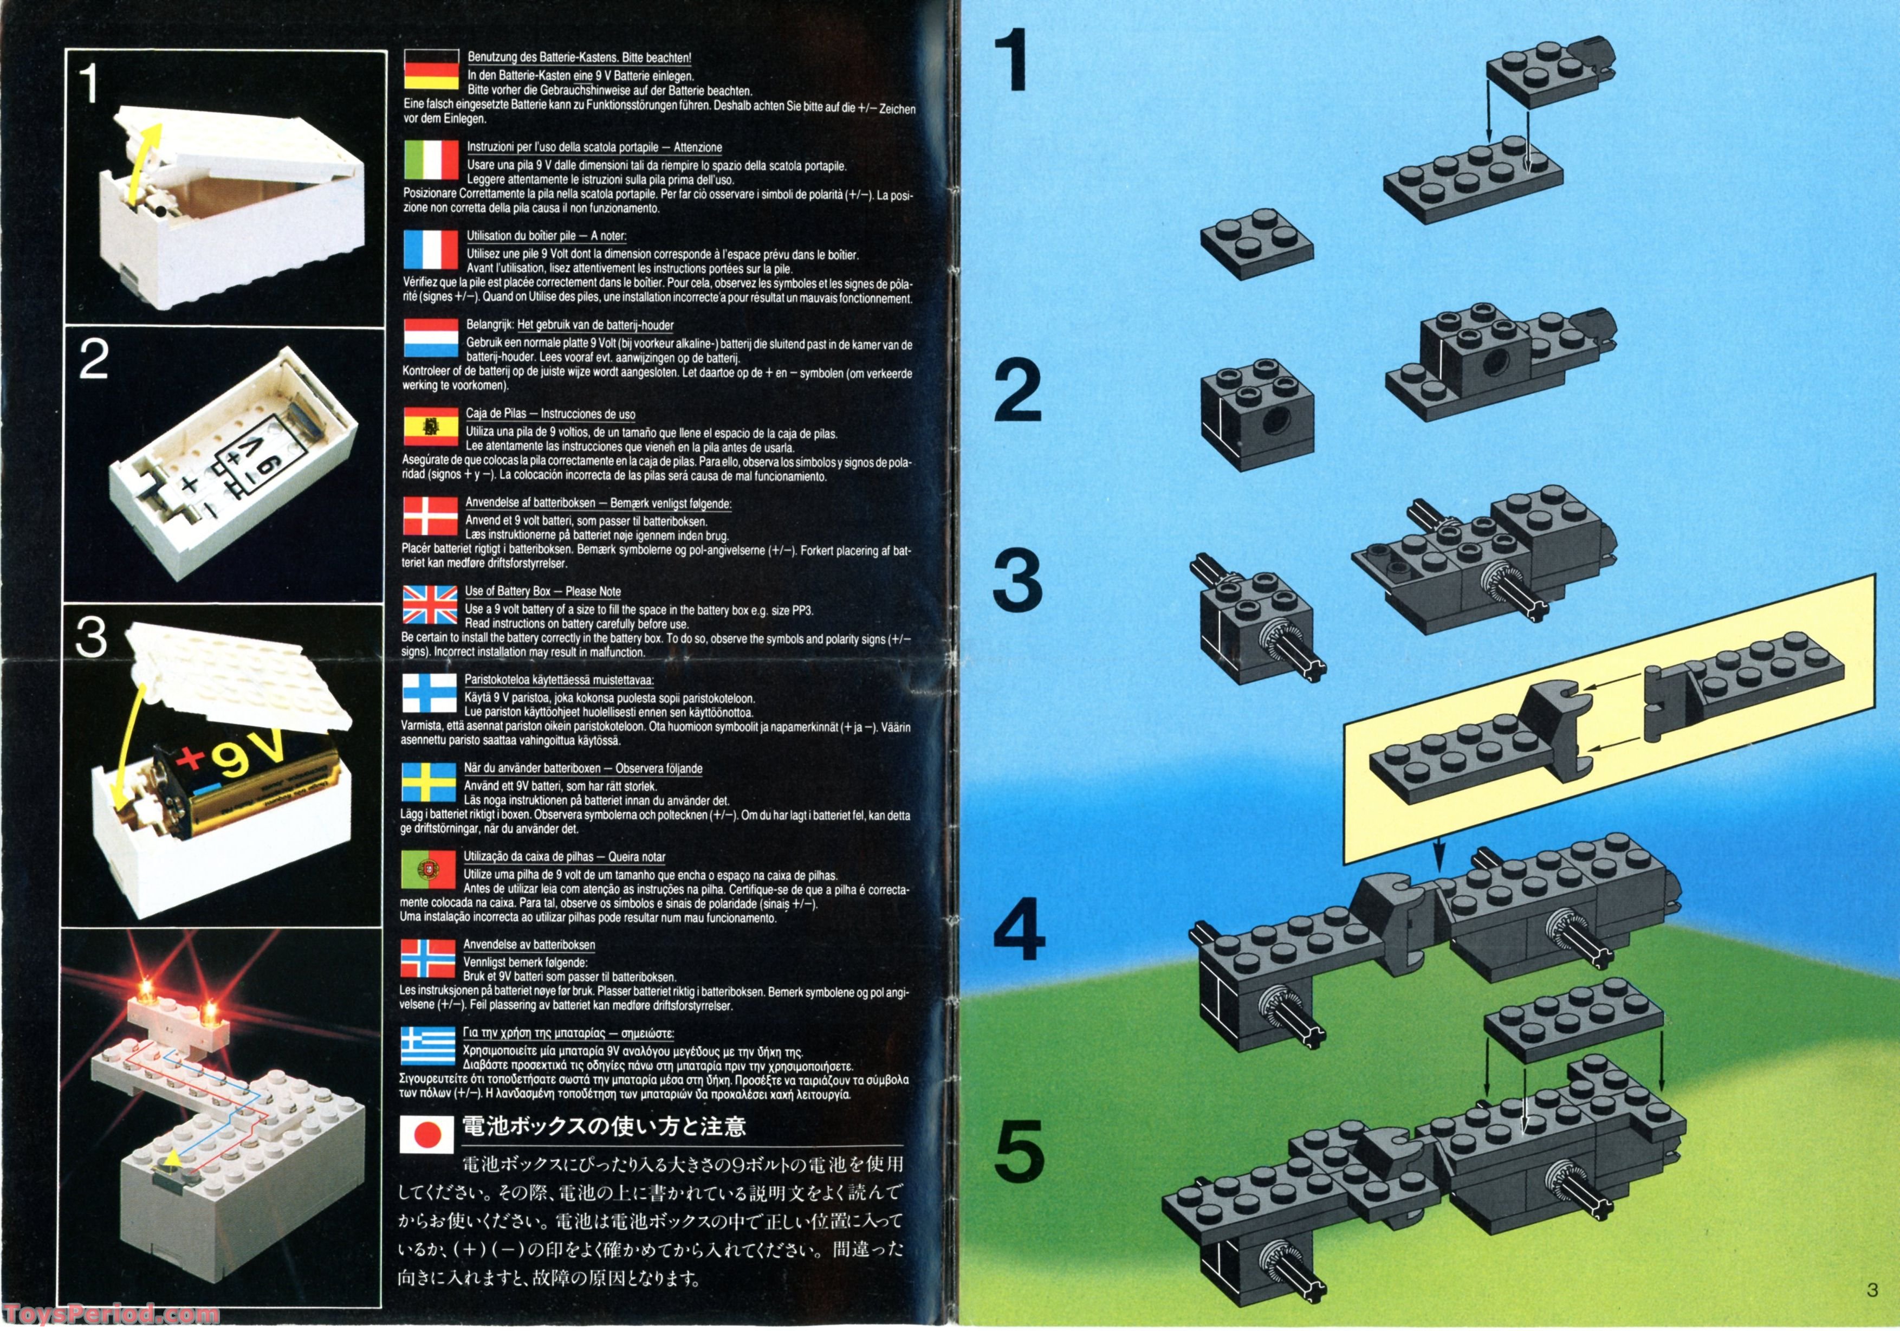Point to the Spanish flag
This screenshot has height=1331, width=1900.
coord(430,427)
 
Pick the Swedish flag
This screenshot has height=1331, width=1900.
coord(429,782)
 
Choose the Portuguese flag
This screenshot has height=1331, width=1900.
coord(429,870)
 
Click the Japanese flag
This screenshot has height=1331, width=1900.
coord(427,1134)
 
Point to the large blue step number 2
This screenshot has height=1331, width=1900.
coord(1017,391)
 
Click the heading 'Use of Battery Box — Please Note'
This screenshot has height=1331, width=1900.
coord(543,591)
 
